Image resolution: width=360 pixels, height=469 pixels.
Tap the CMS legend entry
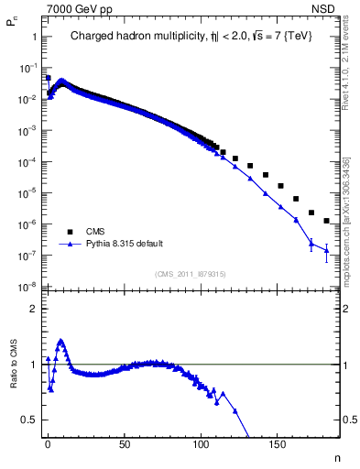click(x=95, y=232)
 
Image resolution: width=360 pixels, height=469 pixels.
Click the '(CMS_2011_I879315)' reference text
click(x=190, y=274)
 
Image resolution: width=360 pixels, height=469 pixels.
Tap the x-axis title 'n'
click(x=335, y=456)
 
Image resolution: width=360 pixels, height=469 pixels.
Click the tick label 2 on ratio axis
click(x=33, y=309)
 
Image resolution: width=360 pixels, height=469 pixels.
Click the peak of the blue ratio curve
click(x=60, y=341)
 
